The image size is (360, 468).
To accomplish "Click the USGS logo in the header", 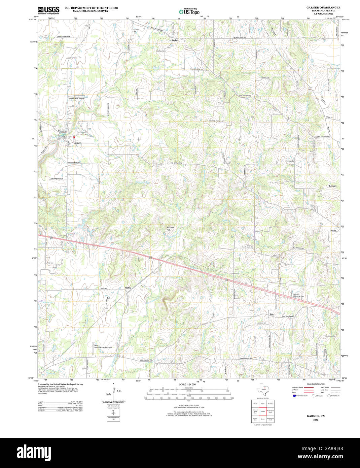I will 48,9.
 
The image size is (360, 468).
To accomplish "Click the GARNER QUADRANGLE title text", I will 323,7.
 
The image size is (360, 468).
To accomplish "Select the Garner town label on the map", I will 77,143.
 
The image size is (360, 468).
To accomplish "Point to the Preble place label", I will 128,288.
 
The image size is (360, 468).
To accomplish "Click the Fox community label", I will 272,314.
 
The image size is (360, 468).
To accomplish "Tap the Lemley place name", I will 332,186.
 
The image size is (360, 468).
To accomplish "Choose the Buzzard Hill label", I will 171,229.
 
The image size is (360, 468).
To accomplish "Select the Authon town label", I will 175,40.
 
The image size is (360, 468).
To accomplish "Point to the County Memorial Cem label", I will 298,295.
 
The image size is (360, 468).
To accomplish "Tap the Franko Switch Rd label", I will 216,121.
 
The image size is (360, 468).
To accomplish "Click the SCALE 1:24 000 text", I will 187,385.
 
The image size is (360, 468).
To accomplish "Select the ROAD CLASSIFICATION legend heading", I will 316,384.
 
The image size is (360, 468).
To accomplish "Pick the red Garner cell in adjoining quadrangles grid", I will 263,411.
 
